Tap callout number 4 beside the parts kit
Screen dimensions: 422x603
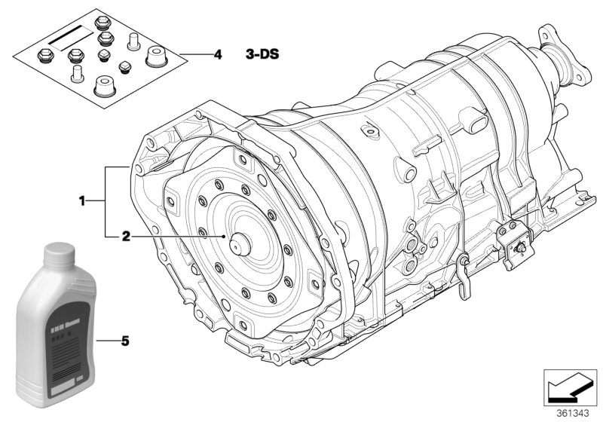pos(218,55)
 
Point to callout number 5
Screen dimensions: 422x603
pos(125,341)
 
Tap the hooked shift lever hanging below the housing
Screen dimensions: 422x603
pos(464,271)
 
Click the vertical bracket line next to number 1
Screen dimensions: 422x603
pos(106,200)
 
